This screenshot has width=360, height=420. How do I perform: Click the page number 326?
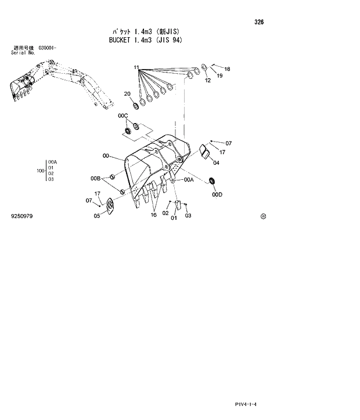click(258, 22)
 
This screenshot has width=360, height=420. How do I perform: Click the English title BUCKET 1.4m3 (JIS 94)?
click(145, 40)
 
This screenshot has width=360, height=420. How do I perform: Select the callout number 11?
click(136, 68)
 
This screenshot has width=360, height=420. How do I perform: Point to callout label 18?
click(227, 69)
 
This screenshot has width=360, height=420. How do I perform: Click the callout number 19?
click(219, 75)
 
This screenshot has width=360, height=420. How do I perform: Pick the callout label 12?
click(207, 81)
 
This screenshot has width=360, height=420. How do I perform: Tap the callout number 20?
click(127, 93)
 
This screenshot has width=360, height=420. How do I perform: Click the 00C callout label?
click(123, 116)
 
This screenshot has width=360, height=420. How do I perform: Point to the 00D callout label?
click(217, 195)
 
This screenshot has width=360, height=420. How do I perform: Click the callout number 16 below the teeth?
click(153, 215)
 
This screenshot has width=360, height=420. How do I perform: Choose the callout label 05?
click(97, 216)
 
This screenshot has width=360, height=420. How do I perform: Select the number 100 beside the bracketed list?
click(40, 171)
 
